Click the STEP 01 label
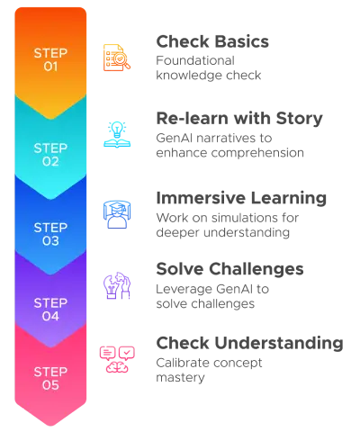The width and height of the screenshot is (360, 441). (x=50, y=59)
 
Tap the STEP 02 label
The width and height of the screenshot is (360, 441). (x=50, y=155)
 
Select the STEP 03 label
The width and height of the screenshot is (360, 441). (x=50, y=234)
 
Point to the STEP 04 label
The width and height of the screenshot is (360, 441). (x=50, y=310)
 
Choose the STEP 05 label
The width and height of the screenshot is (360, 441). (x=50, y=379)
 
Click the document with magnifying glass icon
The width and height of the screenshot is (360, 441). (x=117, y=58)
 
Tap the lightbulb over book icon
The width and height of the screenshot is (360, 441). (x=117, y=134)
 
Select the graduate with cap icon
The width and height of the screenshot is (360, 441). (x=117, y=214)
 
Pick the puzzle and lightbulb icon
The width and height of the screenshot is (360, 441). (x=117, y=285)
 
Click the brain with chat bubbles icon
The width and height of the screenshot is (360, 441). (x=117, y=359)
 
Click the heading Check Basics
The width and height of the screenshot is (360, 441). (x=212, y=41)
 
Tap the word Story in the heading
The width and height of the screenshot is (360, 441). (x=299, y=119)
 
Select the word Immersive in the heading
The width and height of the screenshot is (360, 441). (x=202, y=198)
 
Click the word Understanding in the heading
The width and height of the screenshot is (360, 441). (x=279, y=343)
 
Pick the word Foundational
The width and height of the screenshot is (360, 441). (x=195, y=60)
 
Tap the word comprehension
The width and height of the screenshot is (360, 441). (x=257, y=153)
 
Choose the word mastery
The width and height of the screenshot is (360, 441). (x=180, y=378)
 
